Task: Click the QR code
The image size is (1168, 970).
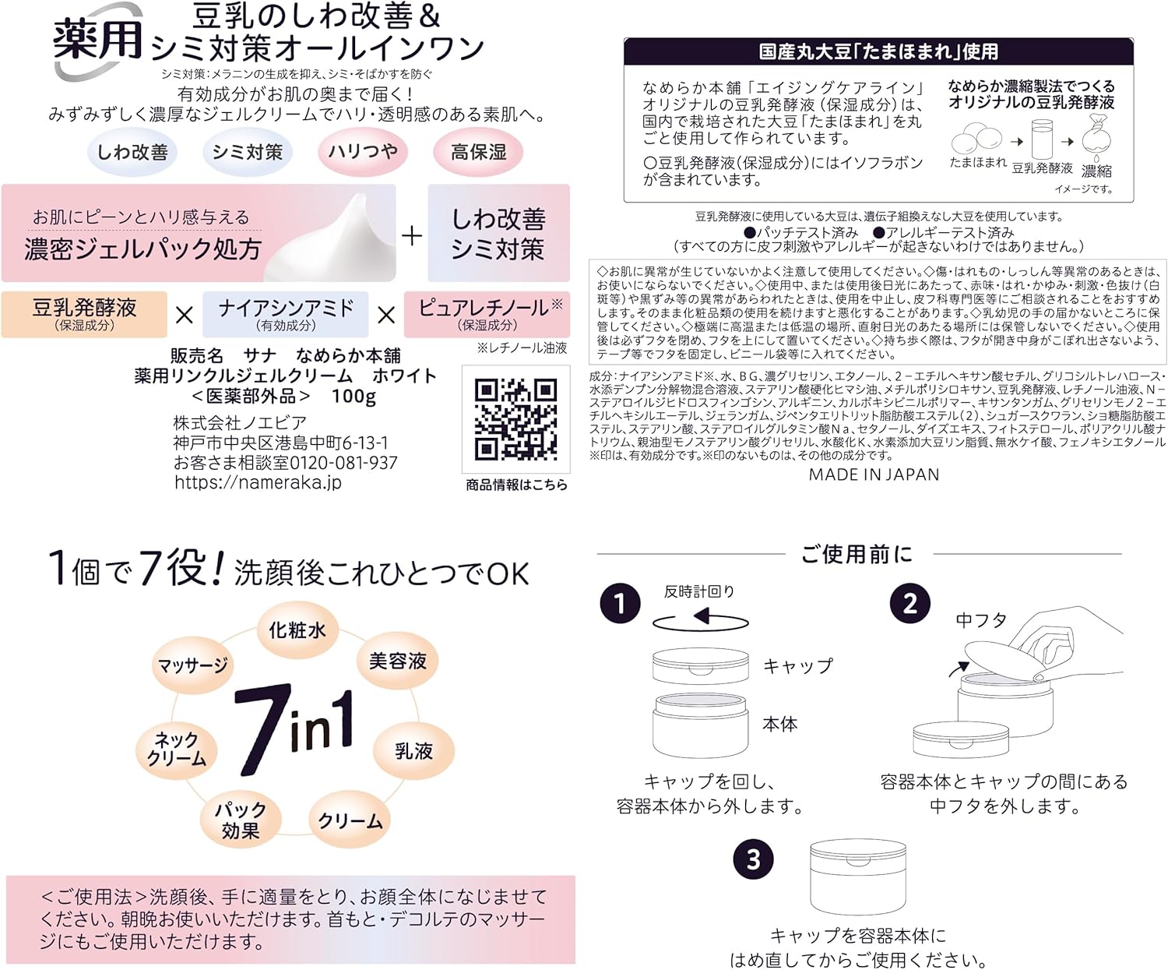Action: pos(515,419)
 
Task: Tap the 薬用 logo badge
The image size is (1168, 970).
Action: pos(97,41)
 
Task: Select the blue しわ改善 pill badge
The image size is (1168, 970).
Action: pos(132,152)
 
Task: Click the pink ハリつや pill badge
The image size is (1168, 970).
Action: pos(362,152)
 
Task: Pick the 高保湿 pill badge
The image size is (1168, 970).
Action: pos(478,152)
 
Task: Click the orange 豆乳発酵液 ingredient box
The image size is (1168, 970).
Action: pos(84,314)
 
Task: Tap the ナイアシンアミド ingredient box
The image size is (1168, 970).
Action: pos(286,314)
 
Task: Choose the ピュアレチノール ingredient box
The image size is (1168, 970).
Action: pos(487,314)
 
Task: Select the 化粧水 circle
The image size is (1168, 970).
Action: pos(297,630)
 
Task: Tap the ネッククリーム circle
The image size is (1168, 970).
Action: pos(177,750)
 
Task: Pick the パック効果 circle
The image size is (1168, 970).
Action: pos(240,820)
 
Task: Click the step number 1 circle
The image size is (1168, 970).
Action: pos(620,604)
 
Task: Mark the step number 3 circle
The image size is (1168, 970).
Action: pos(753,859)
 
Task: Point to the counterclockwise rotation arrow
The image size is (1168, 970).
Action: pos(700,620)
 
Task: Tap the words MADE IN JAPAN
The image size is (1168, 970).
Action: pos(874,474)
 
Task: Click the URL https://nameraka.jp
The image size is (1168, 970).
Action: pos(258,482)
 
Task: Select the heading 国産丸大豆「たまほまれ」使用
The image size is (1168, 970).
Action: pos(878,52)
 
